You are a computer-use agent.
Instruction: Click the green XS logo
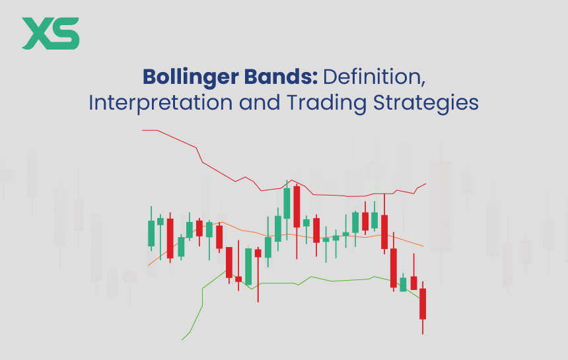click(x=50, y=34)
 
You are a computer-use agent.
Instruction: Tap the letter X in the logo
click(x=37, y=34)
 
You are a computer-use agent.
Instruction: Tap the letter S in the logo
click(x=66, y=34)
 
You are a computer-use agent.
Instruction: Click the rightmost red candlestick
click(x=423, y=304)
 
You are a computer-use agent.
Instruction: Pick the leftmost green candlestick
click(x=151, y=233)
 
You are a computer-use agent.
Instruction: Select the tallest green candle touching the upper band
click(x=287, y=204)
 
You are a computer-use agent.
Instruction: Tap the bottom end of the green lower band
click(x=183, y=339)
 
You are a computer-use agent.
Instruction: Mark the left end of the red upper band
click(x=143, y=130)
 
